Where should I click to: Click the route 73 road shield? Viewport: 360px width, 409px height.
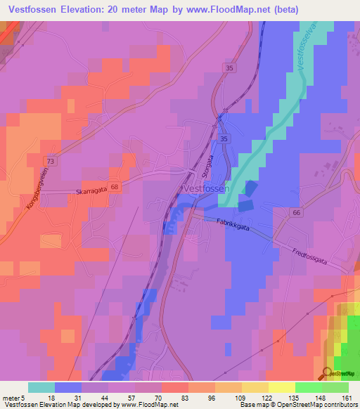(x=47, y=161)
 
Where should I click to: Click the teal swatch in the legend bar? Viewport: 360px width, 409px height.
(x=41, y=387)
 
